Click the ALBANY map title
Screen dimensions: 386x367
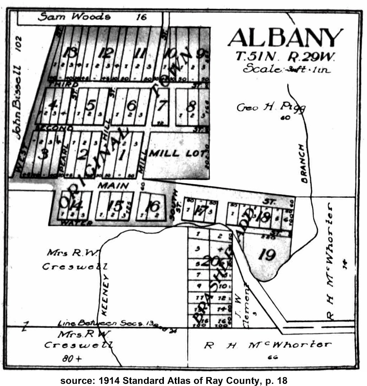(285, 38)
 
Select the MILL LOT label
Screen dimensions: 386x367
(177, 153)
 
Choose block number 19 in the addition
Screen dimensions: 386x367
(267, 255)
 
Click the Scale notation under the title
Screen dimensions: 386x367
(286, 69)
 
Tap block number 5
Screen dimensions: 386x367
(91, 105)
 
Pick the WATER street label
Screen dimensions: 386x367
(76, 223)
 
